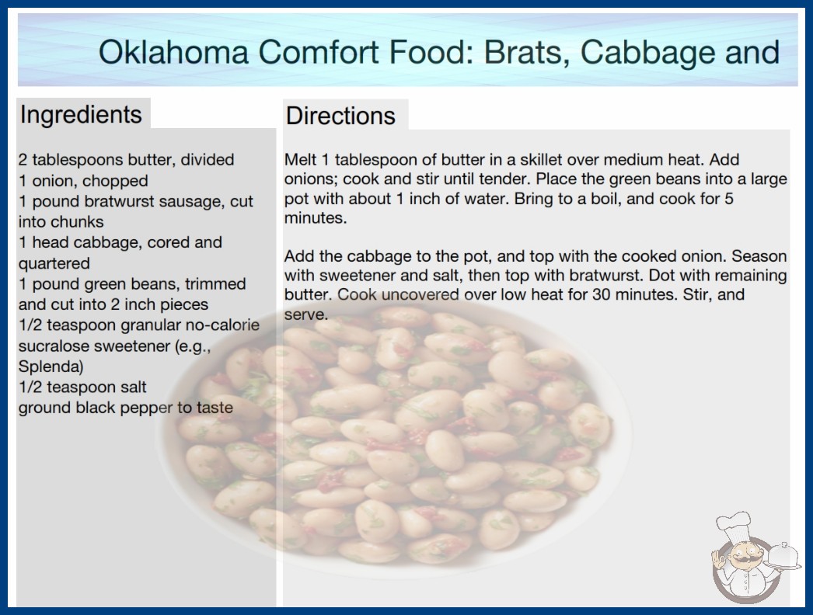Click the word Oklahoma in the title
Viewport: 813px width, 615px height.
coord(173,52)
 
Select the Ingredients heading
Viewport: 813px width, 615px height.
coord(81,115)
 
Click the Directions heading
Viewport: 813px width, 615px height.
coord(340,116)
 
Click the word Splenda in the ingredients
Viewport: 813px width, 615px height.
coord(51,367)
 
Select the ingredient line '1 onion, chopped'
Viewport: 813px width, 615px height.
coord(83,181)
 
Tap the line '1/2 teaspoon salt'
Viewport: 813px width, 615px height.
coord(82,387)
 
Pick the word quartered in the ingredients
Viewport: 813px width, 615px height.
coord(54,264)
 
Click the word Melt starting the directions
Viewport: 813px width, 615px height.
coord(300,160)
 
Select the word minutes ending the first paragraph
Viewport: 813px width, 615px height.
coord(316,218)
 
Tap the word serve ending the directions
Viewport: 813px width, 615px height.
coord(306,315)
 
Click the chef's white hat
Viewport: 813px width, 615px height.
coord(734,525)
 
